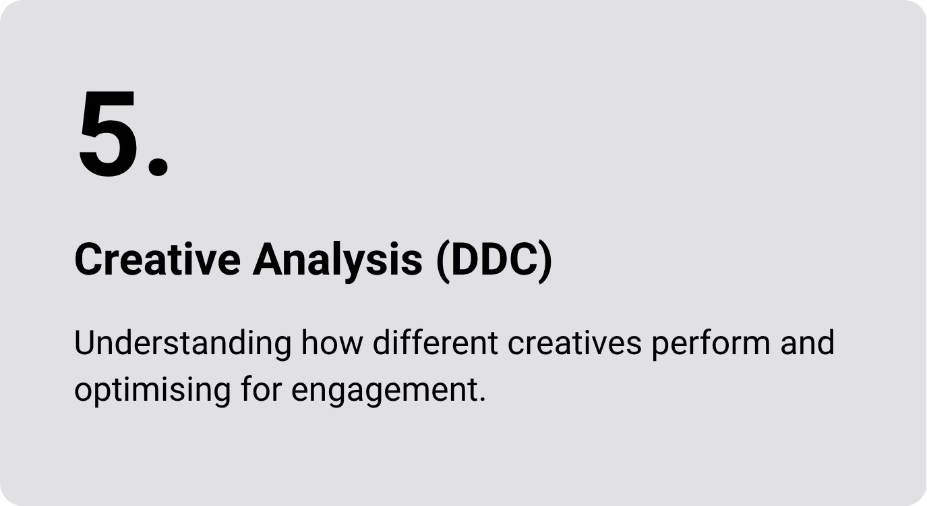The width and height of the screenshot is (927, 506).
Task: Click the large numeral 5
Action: [108, 134]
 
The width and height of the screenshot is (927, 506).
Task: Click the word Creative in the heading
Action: [157, 260]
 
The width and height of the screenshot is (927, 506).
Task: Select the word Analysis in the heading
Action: [338, 262]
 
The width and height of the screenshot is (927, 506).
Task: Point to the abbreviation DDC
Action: [495, 260]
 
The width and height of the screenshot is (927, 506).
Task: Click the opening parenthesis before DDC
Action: [443, 262]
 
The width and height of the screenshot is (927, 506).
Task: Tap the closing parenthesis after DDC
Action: [545, 262]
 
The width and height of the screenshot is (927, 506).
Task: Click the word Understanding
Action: [183, 343]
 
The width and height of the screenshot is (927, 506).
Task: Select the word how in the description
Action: [332, 343]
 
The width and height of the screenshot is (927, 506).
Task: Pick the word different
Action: [435, 343]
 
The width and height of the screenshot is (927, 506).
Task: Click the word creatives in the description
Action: [574, 343]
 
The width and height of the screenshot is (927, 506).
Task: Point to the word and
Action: [807, 343]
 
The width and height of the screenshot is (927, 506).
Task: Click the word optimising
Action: [152, 390]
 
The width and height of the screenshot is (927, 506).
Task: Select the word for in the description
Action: [261, 389]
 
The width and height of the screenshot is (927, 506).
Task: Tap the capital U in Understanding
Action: [86, 343]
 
